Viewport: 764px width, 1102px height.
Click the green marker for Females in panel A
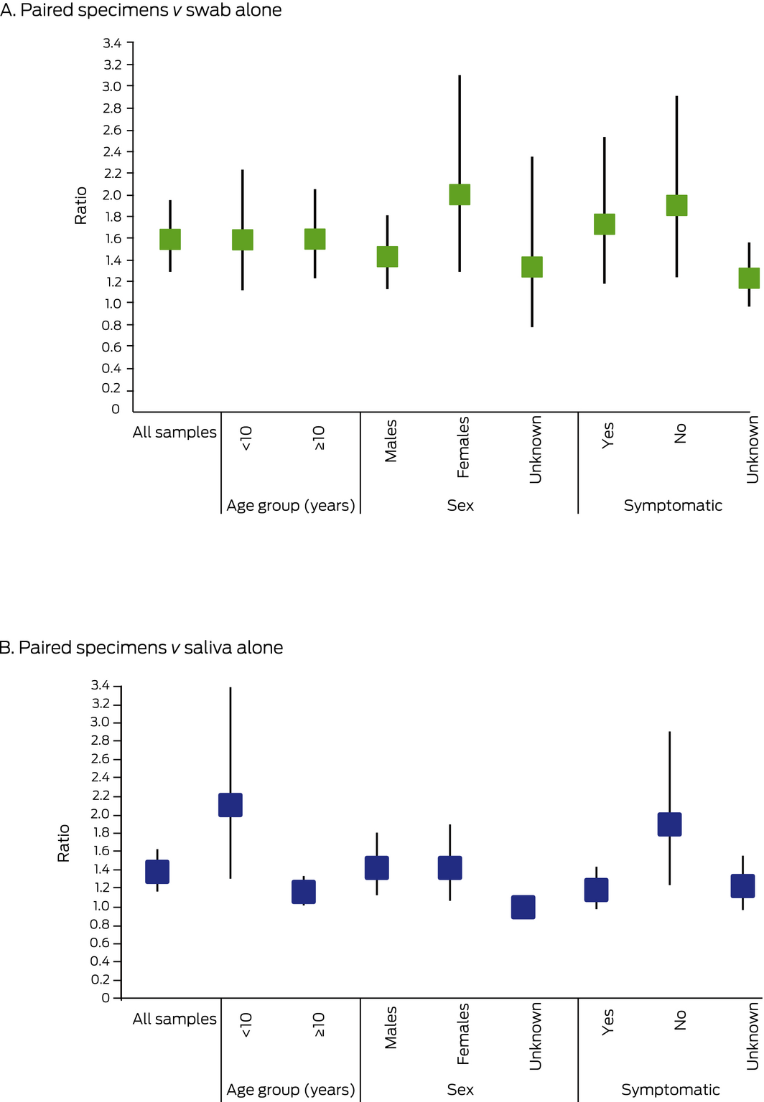pyautogui.click(x=460, y=194)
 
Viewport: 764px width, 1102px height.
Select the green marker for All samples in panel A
pyautogui.click(x=170, y=239)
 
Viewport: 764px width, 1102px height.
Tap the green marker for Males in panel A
pyautogui.click(x=388, y=257)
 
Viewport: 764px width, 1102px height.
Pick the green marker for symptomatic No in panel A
pyautogui.click(x=676, y=205)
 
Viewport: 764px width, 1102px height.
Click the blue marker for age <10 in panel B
pyautogui.click(x=230, y=805)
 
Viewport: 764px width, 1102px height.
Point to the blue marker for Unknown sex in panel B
pyautogui.click(x=523, y=907)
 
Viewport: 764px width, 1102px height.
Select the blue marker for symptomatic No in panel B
pyautogui.click(x=670, y=824)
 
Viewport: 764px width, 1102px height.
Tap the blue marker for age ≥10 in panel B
pyautogui.click(x=304, y=892)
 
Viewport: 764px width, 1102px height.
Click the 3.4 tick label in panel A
pyautogui.click(x=112, y=44)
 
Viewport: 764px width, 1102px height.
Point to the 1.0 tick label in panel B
pyautogui.click(x=101, y=906)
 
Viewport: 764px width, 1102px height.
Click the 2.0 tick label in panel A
pyautogui.click(x=112, y=195)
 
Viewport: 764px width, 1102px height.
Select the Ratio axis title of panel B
pyautogui.click(x=64, y=843)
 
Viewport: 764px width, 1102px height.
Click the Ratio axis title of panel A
pyautogui.click(x=80, y=206)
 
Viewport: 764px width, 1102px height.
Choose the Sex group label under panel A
pyautogui.click(x=460, y=505)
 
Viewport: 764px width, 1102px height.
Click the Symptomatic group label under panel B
pyautogui.click(x=670, y=1090)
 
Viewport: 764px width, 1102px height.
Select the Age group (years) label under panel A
pyautogui.click(x=291, y=505)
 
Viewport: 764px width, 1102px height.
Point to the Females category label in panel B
pyautogui.click(x=463, y=1034)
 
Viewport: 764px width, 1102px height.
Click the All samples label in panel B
pyautogui.click(x=174, y=1019)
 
